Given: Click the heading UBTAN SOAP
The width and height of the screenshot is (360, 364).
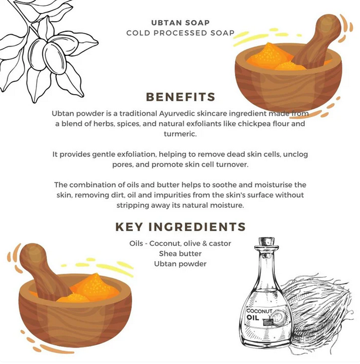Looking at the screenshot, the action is (180, 23).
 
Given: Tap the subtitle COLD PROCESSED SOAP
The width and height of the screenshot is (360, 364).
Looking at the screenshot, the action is (180, 33).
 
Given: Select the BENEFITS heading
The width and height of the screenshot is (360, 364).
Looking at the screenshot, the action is (180, 97).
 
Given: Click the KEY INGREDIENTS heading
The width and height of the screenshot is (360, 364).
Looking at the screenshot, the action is (180, 226).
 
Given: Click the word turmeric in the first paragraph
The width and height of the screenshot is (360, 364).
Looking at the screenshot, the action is (180, 134).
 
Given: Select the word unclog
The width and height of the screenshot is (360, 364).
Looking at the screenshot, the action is (295, 155).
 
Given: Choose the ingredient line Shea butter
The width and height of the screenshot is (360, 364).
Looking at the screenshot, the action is (180, 253).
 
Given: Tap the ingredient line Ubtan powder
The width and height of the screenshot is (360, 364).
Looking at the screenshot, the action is (180, 264).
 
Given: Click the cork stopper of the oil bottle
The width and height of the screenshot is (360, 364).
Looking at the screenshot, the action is (267, 242).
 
